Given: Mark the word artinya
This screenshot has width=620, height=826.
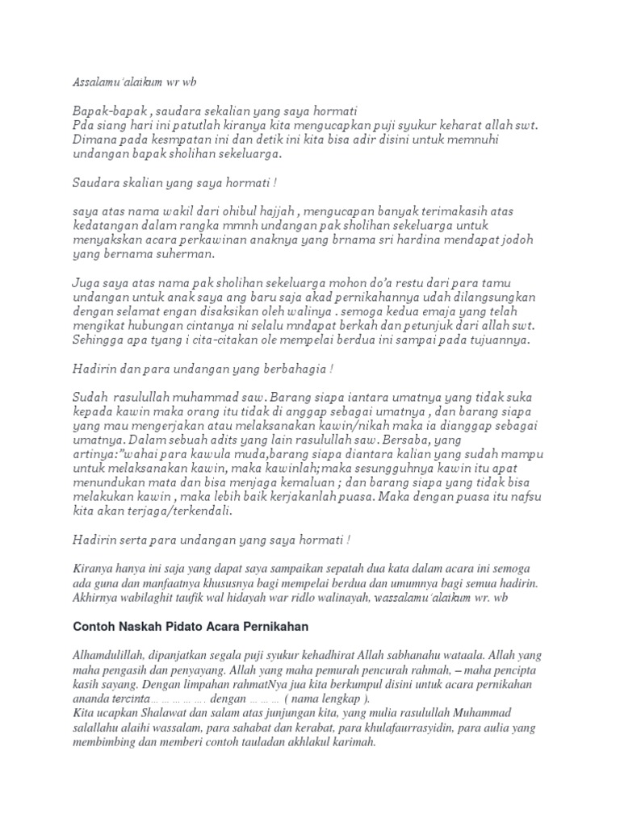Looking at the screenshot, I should [x=94, y=455].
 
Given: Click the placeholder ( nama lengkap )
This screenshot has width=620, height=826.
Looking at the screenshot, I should [x=320, y=699].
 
